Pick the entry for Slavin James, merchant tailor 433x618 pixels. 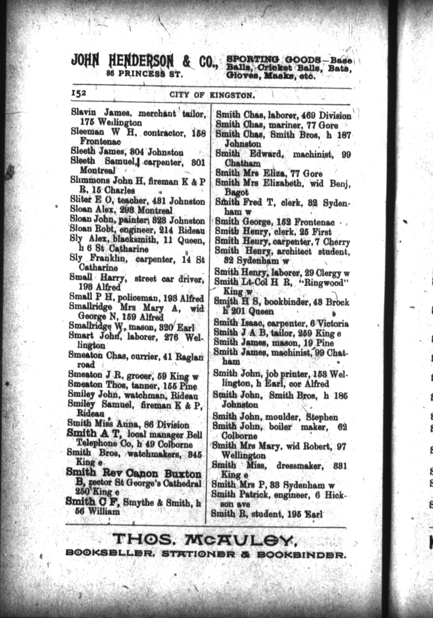[x=138, y=113]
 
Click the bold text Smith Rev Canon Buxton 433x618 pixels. [x=134, y=474]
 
